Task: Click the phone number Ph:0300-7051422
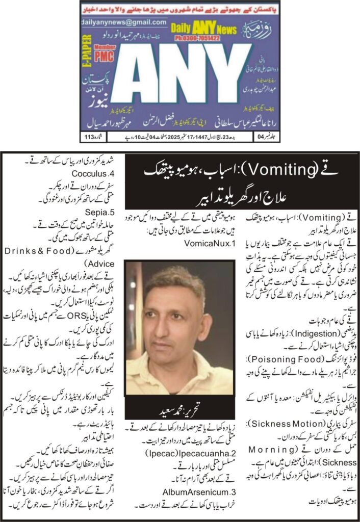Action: tap(207, 37)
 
